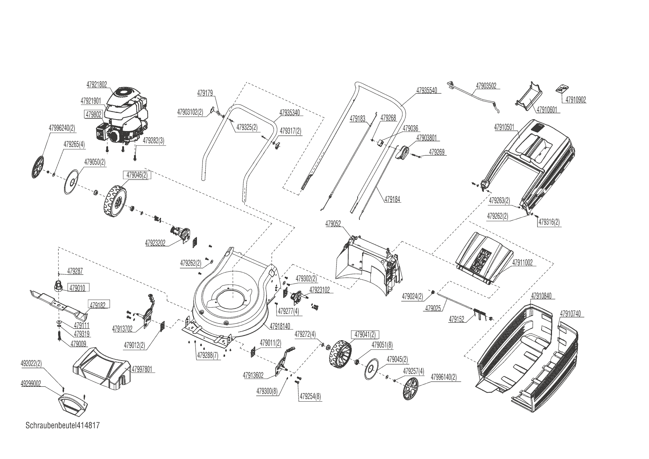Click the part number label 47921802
tap(97, 84)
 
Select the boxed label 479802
tap(94, 115)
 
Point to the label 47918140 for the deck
tap(280, 326)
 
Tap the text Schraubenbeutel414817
tap(63, 425)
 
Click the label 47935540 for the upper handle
tap(426, 90)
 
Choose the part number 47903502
tap(486, 86)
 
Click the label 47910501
tap(504, 127)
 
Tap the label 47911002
tap(522, 263)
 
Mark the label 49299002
tap(30, 384)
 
